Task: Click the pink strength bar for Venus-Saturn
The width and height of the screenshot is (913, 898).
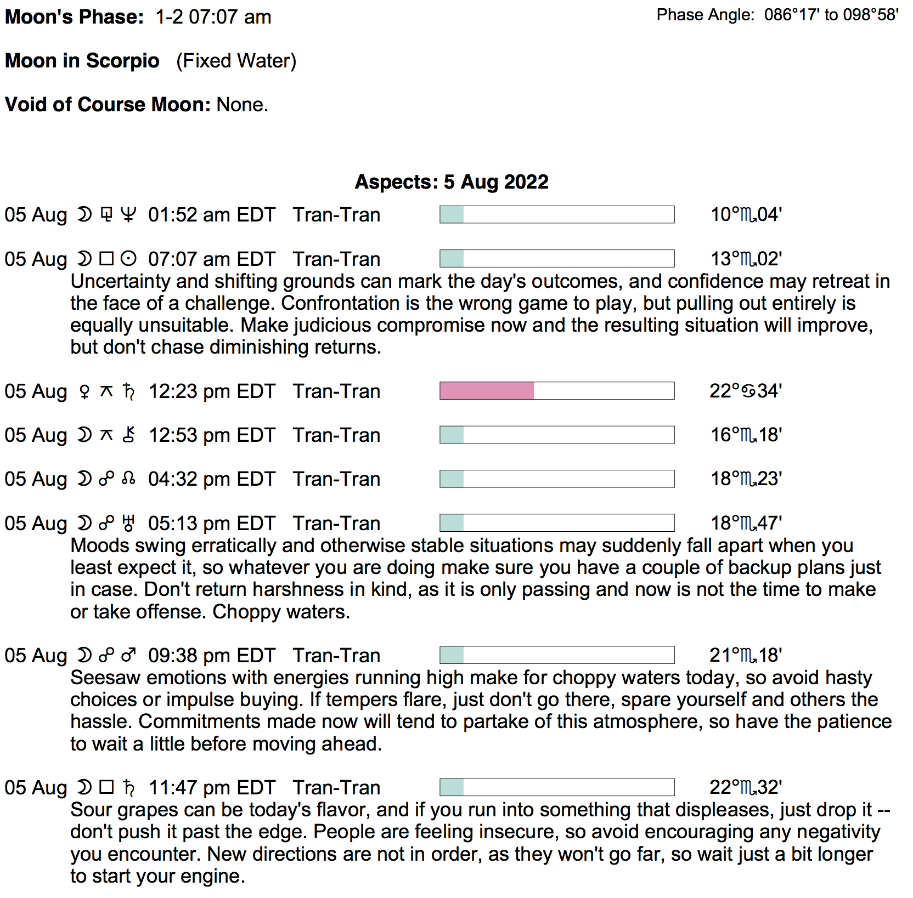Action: (x=487, y=391)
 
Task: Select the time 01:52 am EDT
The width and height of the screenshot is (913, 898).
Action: (x=211, y=215)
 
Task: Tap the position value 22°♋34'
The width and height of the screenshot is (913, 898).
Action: (x=745, y=391)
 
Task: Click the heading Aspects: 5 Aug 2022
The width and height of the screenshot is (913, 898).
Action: (x=451, y=182)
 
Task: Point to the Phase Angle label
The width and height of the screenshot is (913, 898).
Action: (x=705, y=15)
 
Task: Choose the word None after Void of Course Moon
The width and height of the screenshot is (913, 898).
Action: (x=241, y=104)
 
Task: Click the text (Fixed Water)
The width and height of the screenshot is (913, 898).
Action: (x=236, y=61)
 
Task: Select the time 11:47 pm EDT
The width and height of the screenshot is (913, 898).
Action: (x=211, y=788)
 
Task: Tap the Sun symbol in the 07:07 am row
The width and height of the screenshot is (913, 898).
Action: (x=128, y=259)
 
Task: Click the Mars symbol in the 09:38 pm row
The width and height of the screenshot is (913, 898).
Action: (x=128, y=655)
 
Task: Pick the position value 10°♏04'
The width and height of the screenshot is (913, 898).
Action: (x=746, y=214)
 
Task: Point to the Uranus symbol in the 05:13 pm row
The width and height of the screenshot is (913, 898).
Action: (x=128, y=524)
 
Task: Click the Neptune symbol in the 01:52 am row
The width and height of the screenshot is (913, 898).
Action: (x=128, y=215)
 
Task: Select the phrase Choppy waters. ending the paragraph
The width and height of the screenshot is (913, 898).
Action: (x=281, y=612)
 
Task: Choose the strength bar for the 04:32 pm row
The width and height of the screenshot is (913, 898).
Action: (x=556, y=479)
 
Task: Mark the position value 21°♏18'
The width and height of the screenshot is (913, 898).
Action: (x=745, y=655)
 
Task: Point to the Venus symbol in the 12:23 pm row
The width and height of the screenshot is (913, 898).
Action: (x=84, y=391)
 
